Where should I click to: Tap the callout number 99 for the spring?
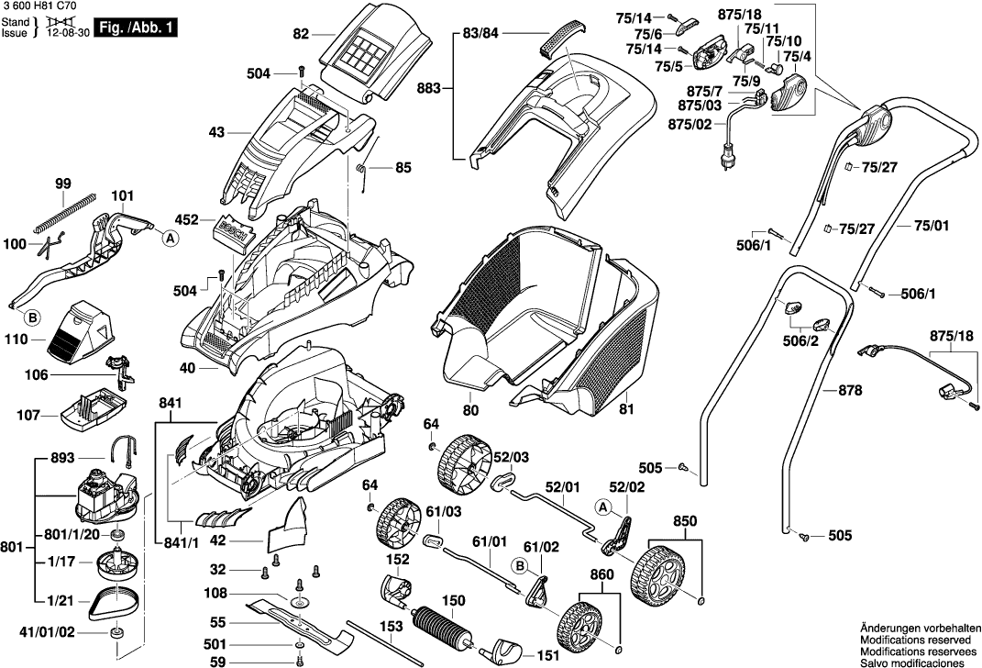pyautogui.click(x=62, y=184)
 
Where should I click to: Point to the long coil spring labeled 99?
pyautogui.click(x=64, y=210)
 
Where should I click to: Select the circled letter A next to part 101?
pyautogui.click(x=170, y=238)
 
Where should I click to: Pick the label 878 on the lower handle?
pyautogui.click(x=851, y=390)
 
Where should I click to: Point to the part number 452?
pyautogui.click(x=187, y=219)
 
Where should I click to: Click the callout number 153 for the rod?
pyautogui.click(x=392, y=627)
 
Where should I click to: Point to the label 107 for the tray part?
pyautogui.click(x=28, y=416)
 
